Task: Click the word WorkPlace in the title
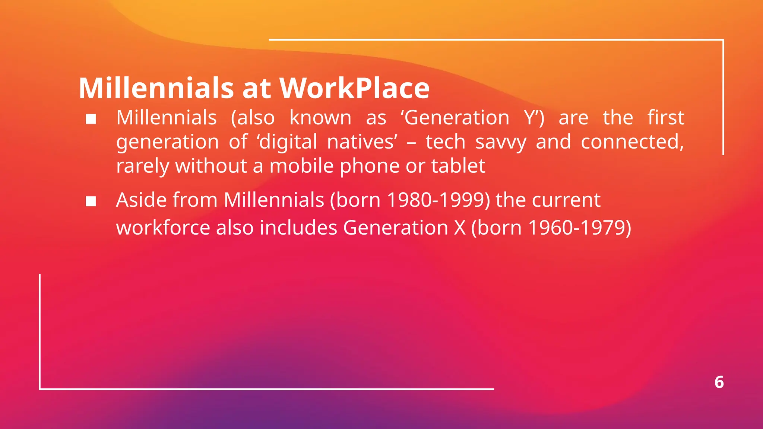354,88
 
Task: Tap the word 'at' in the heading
257,88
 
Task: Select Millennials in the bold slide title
156,88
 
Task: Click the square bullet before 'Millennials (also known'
91,119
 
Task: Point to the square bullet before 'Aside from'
91,201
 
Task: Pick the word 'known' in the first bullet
320,118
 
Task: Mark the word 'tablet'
458,166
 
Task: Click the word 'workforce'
163,228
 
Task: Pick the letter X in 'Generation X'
460,228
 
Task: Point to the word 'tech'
446,142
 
